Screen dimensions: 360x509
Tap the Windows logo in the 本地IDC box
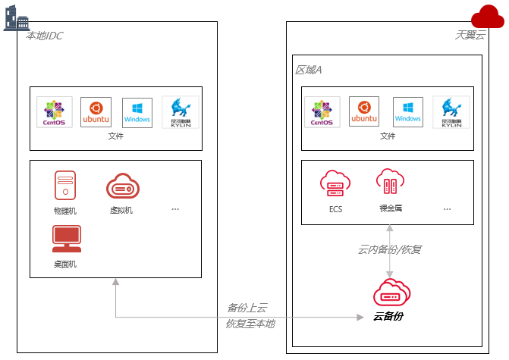click(x=137, y=111)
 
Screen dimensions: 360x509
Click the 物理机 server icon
click(x=65, y=186)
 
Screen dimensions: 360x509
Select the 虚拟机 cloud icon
click(x=121, y=186)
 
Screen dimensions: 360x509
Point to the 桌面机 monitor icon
click(x=66, y=239)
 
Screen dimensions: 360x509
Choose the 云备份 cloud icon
click(x=391, y=293)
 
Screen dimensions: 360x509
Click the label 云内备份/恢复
click(x=389, y=249)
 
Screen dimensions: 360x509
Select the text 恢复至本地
click(x=250, y=324)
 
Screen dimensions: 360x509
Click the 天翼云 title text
click(x=470, y=35)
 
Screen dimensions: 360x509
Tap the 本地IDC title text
click(x=45, y=35)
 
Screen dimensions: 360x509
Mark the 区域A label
click(x=308, y=70)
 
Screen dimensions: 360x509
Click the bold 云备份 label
click(x=388, y=315)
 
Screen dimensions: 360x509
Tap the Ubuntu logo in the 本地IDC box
click(x=96, y=111)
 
